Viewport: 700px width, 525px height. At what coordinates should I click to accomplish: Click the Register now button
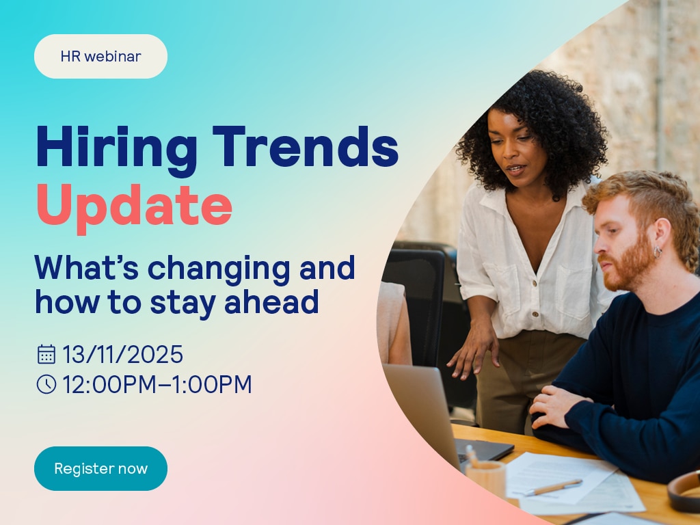pos(101,468)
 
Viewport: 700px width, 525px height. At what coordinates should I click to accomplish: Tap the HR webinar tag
pos(101,56)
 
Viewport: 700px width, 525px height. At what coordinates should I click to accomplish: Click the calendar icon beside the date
pos(46,354)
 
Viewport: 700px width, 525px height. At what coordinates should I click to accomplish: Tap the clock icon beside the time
pos(46,384)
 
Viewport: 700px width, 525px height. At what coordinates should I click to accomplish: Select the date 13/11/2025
pos(123,355)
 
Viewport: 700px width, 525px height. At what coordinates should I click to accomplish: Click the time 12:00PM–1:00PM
pos(157,384)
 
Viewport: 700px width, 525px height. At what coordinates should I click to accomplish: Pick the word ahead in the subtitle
pos(271,301)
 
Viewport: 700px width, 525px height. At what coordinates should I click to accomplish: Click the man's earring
pos(658,252)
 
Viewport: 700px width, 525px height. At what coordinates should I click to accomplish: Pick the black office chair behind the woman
pos(420,304)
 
